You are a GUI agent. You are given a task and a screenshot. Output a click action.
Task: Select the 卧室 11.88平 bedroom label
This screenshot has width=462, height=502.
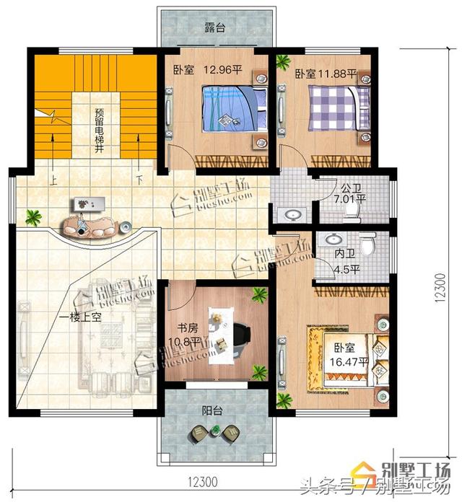point(326,74)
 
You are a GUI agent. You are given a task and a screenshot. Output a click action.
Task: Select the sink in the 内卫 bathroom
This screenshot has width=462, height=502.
point(334,240)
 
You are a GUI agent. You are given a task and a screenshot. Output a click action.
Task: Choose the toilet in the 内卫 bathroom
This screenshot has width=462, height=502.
point(369,246)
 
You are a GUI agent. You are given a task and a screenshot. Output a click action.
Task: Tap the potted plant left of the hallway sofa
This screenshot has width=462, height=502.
point(32,215)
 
